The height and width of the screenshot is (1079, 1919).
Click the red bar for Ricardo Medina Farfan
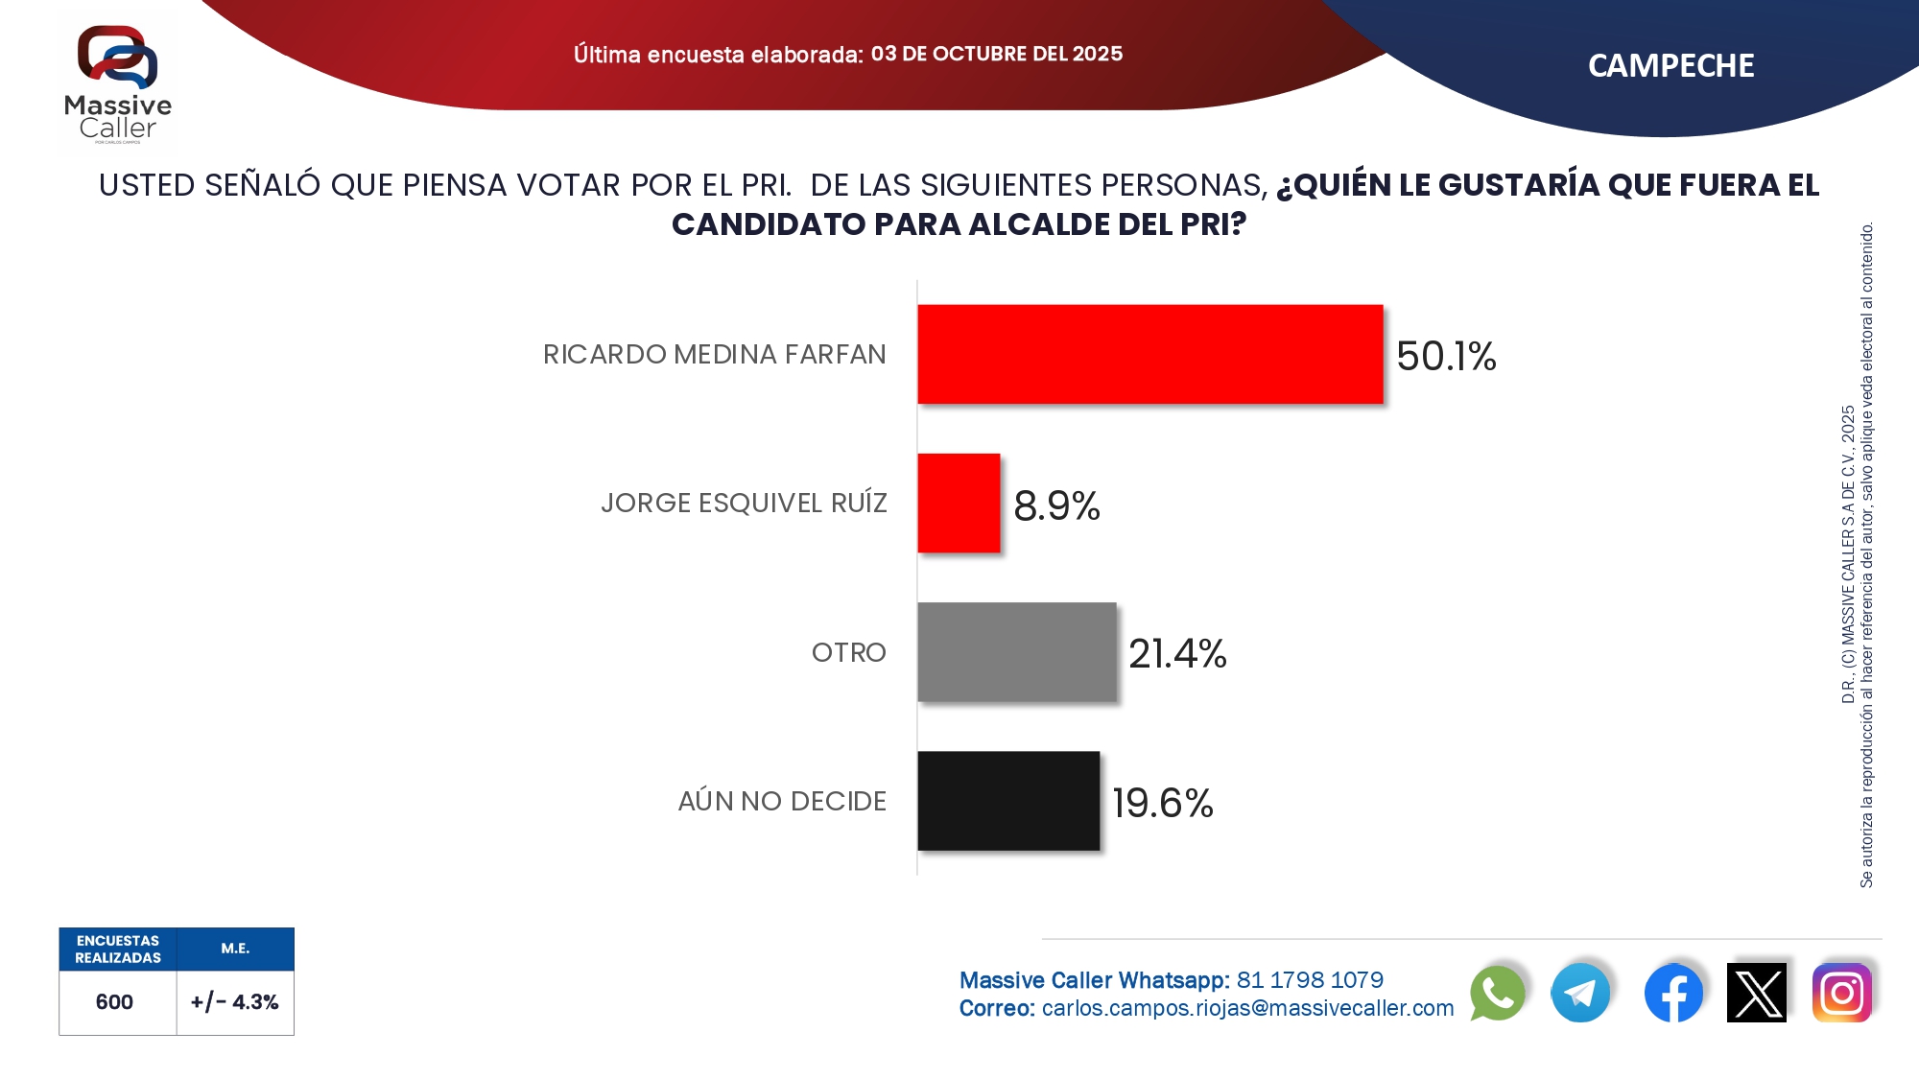pos(1149,354)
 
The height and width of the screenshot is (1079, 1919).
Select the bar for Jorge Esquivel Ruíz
pos(959,503)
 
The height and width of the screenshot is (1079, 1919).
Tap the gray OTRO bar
pos(1016,652)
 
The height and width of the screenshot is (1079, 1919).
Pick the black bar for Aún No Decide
pos(1008,801)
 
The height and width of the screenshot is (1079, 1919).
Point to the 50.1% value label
pos(1446,356)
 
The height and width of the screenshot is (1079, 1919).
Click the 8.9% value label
pos(1056,505)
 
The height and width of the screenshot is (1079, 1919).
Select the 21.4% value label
pos(1177,654)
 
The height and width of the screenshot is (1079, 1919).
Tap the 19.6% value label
pos(1163,803)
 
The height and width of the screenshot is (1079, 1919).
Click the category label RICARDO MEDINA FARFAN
pos(714,355)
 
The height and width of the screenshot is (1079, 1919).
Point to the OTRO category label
pos(848,652)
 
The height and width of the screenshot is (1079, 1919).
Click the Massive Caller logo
pos(118,84)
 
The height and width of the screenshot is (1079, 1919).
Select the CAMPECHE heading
pos(1670,65)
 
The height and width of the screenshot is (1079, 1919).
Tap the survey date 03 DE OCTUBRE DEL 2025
pos(996,54)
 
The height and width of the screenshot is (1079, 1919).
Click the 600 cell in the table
pos(114,1002)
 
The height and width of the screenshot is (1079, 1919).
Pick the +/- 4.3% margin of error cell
pos(234,1002)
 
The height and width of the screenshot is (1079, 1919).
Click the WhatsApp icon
pos(1497,993)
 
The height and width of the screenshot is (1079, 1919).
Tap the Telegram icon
pos(1580,993)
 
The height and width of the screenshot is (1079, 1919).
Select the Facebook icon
pos(1673,993)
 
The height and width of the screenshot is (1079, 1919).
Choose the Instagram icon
pos(1841,993)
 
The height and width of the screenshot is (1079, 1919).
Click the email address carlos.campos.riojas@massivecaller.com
pos(1247,1008)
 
